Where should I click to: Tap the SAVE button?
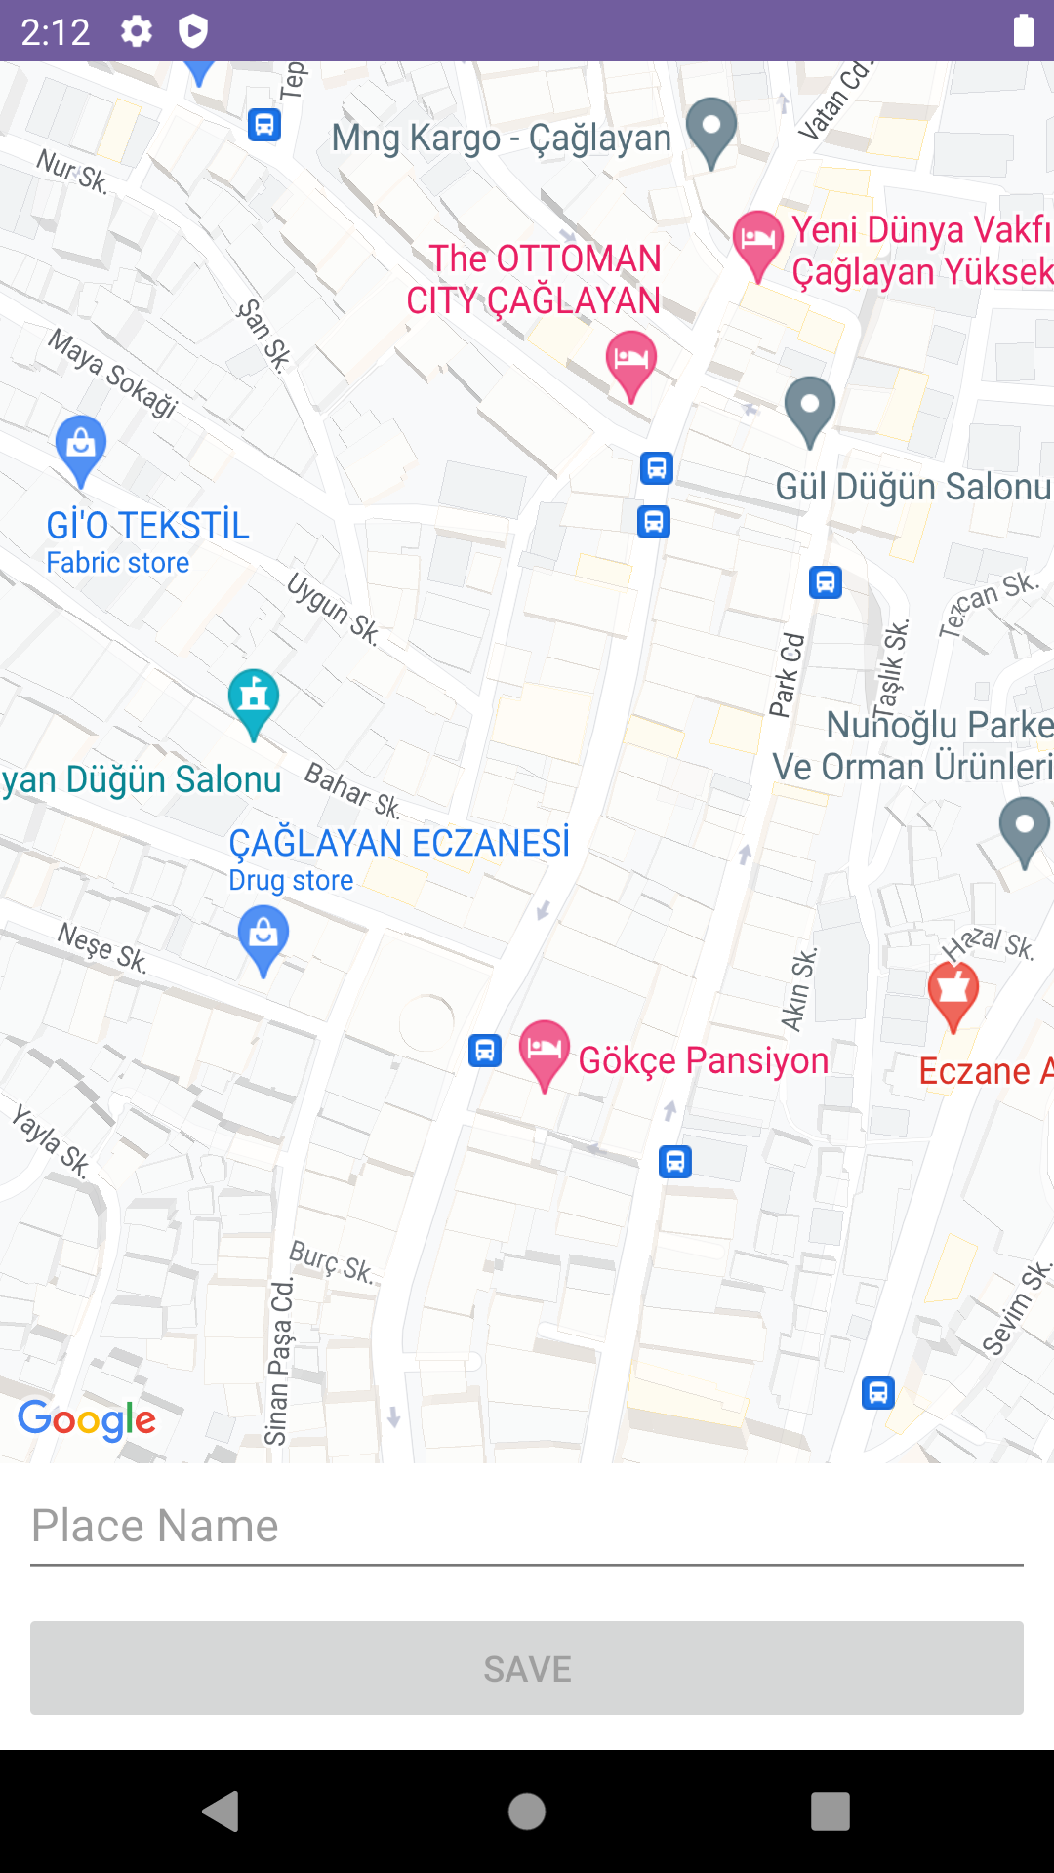tap(527, 1668)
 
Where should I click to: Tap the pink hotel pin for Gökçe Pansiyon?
tap(544, 1052)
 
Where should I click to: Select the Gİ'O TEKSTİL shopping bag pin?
tap(81, 447)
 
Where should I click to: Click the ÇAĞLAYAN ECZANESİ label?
tap(399, 843)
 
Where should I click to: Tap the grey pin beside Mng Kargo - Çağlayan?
tap(711, 130)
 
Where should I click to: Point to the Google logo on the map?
tap(87, 1420)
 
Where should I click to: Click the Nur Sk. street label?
tap(72, 171)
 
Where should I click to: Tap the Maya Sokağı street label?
tap(114, 373)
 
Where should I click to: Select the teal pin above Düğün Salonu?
tap(254, 700)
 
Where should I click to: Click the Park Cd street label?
tap(787, 675)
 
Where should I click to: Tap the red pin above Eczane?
tap(953, 993)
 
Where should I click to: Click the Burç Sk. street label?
tap(332, 1261)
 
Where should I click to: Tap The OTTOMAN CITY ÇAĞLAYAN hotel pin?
tap(630, 362)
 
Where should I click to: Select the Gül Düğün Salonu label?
tap(912, 486)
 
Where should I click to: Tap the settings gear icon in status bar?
tap(137, 31)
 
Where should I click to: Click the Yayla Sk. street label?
tap(51, 1140)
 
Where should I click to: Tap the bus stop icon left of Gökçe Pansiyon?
tap(485, 1051)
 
